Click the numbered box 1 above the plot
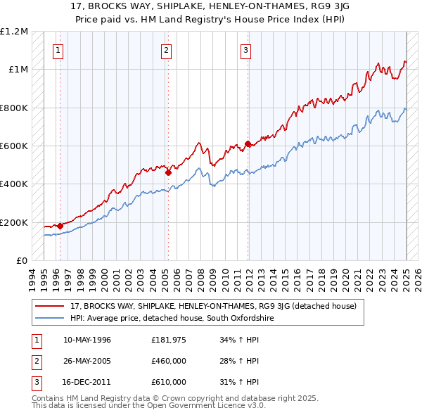[x=57, y=50]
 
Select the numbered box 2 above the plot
[x=166, y=50]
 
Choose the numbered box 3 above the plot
[x=245, y=50]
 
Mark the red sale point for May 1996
[x=60, y=226]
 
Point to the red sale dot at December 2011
[x=248, y=144]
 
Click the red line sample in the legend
[x=51, y=307]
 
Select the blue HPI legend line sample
[x=51, y=318]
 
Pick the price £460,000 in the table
[x=169, y=361]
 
